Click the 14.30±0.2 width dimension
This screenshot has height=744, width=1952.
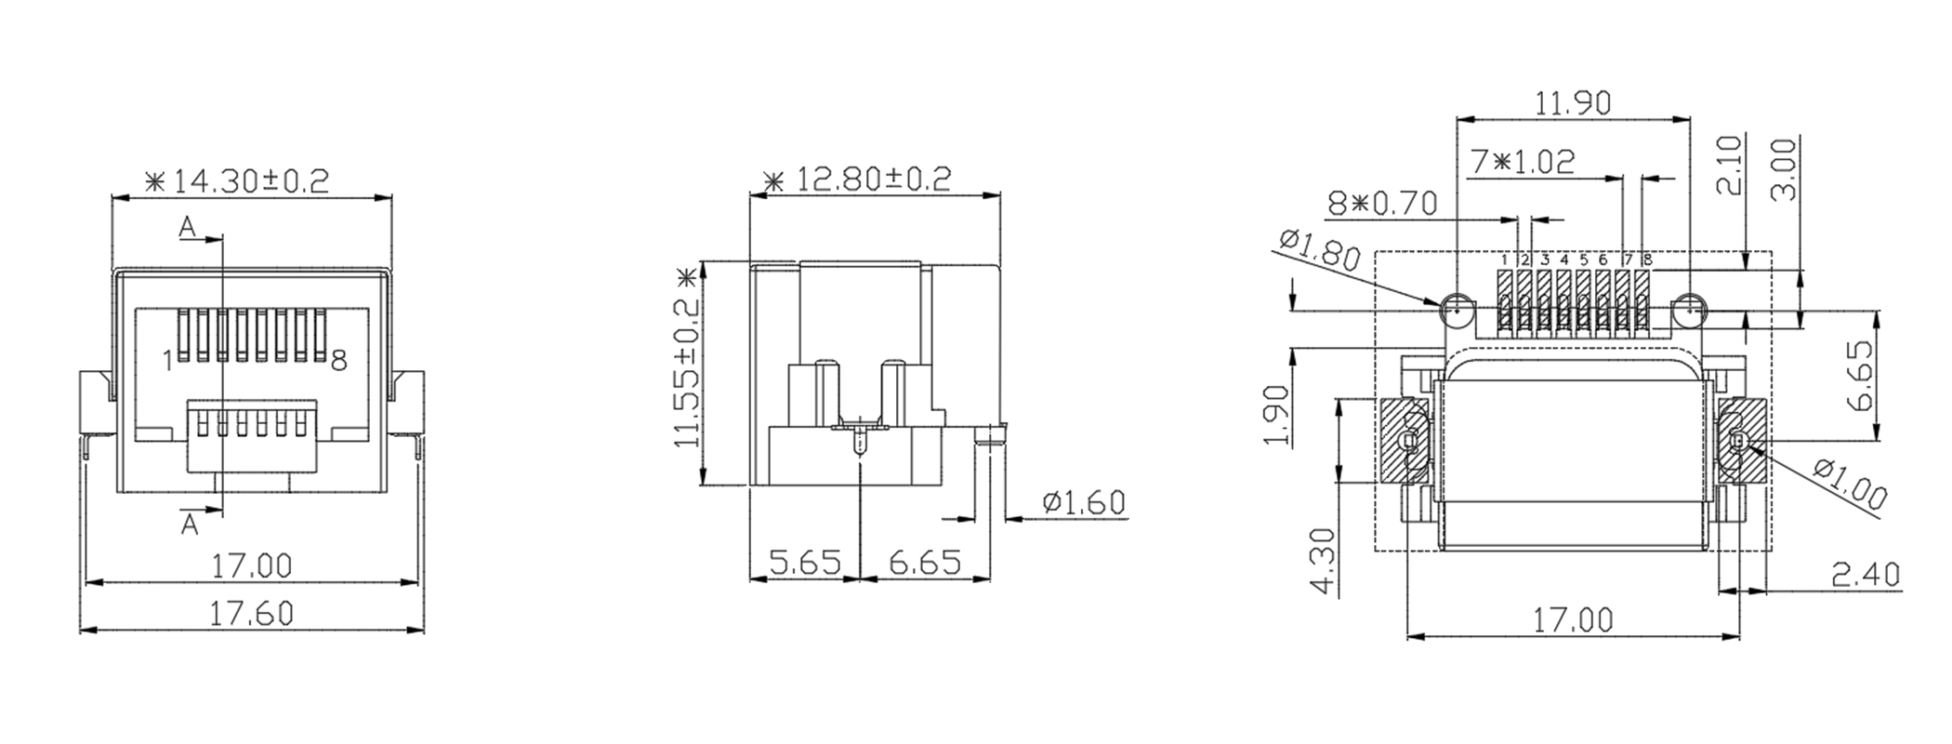[238, 179]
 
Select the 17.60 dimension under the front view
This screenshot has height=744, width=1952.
[251, 614]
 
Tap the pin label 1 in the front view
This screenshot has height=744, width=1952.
[168, 361]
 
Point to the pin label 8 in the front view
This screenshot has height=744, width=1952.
[339, 361]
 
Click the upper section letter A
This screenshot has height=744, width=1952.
[188, 226]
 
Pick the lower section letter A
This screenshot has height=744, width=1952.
[190, 525]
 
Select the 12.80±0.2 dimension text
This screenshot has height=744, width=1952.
[857, 178]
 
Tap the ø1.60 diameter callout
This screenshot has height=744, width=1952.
[1084, 503]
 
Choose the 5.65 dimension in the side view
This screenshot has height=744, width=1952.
[805, 563]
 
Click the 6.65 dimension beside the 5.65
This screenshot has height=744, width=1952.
[924, 563]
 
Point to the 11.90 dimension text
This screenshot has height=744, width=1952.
[1572, 102]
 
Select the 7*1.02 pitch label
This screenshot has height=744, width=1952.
[1523, 162]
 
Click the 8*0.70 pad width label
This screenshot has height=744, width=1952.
[1382, 203]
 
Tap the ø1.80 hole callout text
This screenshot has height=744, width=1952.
[1321, 249]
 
